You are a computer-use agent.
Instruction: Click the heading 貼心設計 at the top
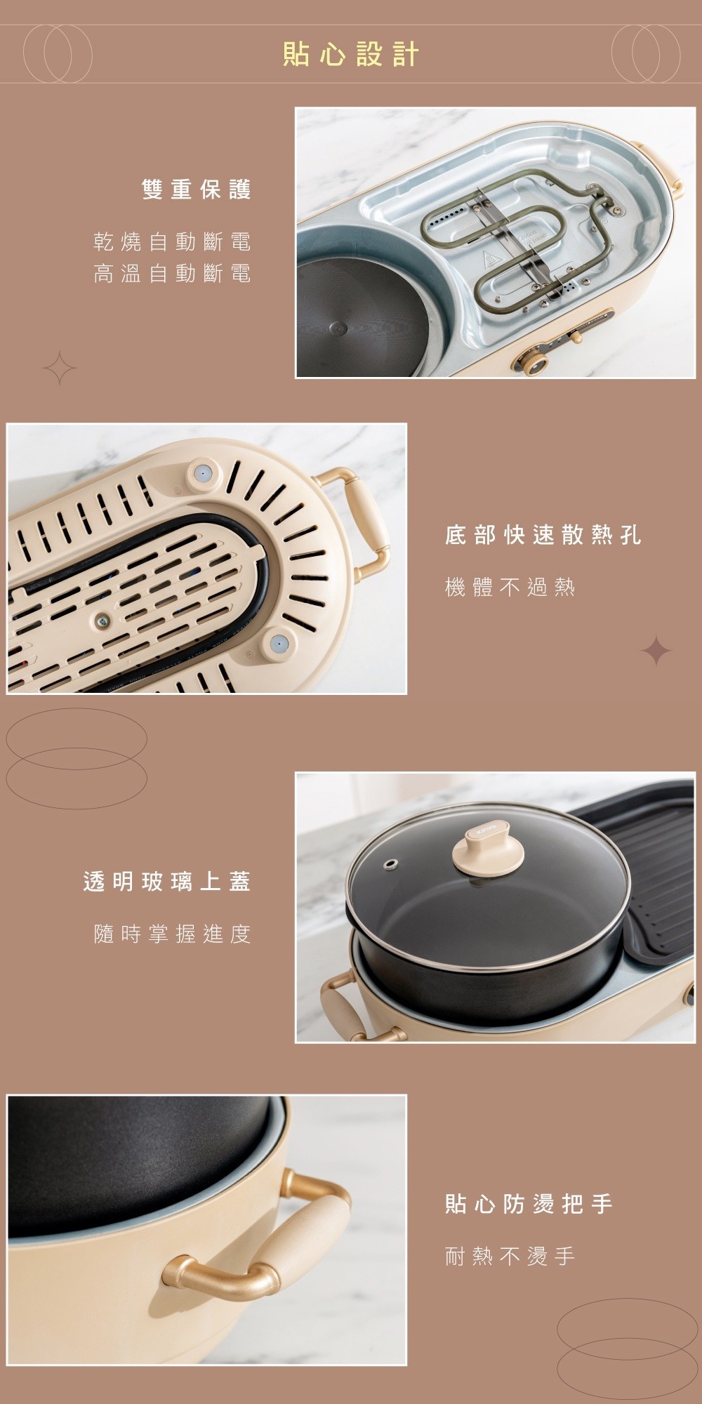(x=351, y=54)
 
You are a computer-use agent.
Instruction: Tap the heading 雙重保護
(x=197, y=190)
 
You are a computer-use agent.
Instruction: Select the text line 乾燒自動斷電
(x=172, y=242)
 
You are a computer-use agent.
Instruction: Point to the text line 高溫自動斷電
(x=172, y=273)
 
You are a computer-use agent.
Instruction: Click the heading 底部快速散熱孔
(x=543, y=536)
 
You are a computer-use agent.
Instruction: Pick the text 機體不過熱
(x=510, y=587)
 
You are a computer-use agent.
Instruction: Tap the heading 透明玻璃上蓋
(x=167, y=882)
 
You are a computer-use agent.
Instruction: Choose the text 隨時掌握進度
(x=172, y=934)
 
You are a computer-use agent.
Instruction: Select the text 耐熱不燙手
(x=510, y=1256)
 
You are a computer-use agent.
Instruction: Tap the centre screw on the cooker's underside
(x=103, y=619)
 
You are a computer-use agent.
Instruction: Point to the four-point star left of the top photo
(x=60, y=367)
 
